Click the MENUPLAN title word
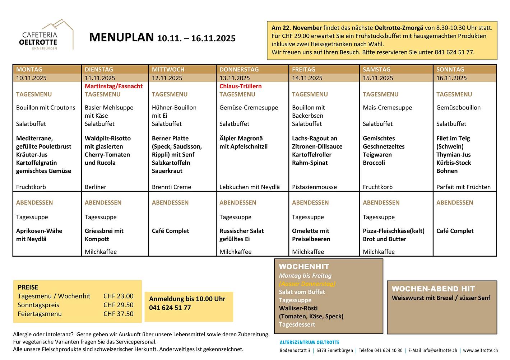point(121,37)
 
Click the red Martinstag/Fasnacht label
point(113,86)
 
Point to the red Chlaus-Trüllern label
point(240,86)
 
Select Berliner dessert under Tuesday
point(96,187)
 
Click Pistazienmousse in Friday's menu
point(314,187)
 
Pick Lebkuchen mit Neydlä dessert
point(250,187)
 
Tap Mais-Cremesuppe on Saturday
point(387,107)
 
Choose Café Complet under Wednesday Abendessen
point(170,231)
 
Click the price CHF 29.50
point(118,305)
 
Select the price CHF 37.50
point(118,314)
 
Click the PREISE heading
point(28,287)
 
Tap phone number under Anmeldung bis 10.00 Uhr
point(170,308)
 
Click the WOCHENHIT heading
point(304,267)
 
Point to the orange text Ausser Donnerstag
point(307,284)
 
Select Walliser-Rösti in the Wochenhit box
point(298,308)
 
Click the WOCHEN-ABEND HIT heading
point(433,289)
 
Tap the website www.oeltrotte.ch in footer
point(480,350)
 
